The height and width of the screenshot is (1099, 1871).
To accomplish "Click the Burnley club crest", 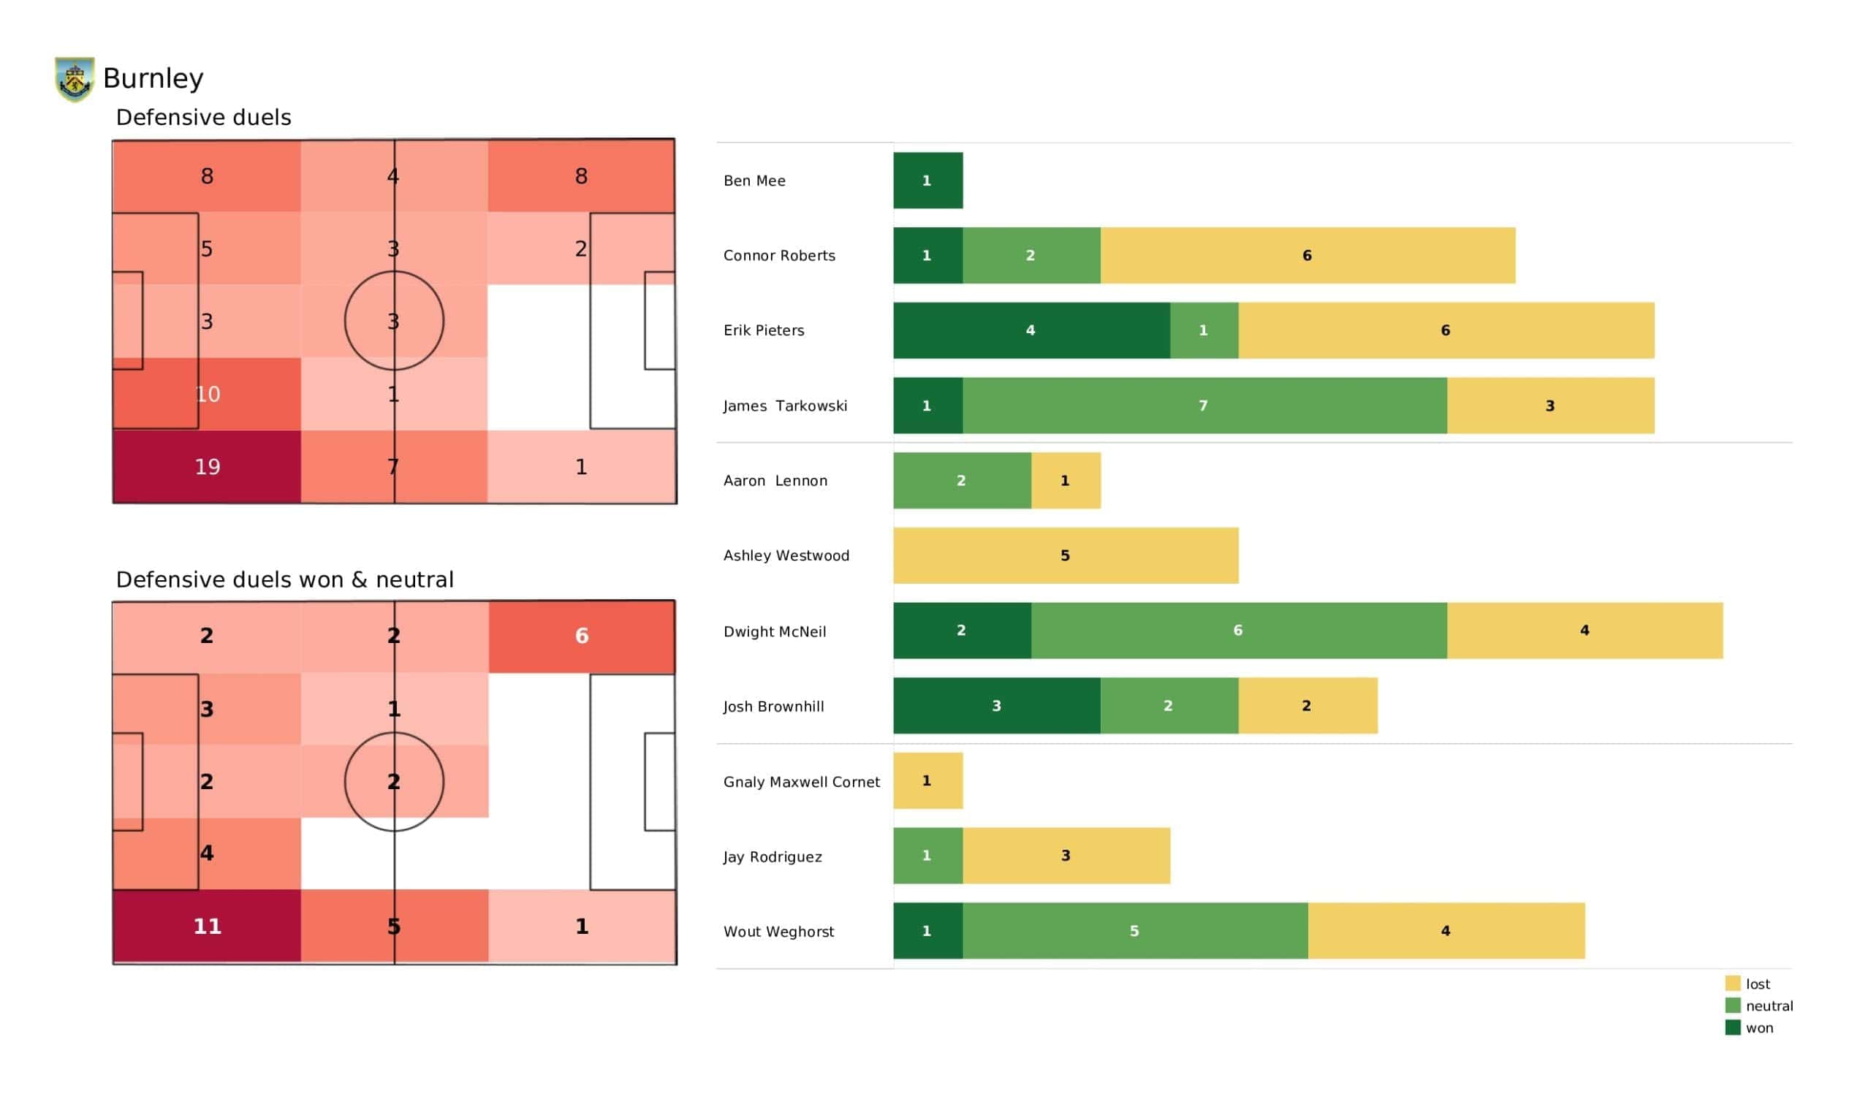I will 75,79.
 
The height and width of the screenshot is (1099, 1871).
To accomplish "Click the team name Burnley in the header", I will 153,78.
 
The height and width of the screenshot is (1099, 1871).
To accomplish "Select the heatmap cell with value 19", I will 206,466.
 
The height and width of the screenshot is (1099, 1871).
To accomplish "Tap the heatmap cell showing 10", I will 206,394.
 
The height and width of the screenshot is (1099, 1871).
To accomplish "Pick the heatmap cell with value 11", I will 206,926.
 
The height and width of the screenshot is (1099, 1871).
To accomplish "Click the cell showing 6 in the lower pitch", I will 581,636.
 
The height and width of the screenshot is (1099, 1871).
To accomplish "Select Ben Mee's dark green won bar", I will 927,180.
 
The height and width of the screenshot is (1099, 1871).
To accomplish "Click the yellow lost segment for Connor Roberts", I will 1307,256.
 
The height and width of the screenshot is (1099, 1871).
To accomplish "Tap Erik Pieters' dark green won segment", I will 1031,330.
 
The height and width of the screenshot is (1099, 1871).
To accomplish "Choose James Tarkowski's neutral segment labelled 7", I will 1204,406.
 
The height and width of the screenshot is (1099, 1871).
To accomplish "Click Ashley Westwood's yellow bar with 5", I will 1065,555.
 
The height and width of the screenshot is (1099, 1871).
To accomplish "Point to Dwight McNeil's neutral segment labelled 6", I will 1237,631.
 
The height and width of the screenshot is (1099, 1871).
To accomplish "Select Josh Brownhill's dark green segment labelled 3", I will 996,705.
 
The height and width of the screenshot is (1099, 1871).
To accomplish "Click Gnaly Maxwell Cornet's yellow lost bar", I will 927,780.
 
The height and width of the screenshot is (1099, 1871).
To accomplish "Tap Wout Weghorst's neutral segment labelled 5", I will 1134,930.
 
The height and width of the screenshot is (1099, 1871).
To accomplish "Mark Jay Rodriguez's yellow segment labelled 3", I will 1066,856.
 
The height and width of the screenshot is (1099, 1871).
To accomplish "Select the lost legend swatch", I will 1732,984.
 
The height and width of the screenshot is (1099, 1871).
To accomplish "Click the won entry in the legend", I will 1758,1027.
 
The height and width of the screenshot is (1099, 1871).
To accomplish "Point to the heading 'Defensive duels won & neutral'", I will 284,579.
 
